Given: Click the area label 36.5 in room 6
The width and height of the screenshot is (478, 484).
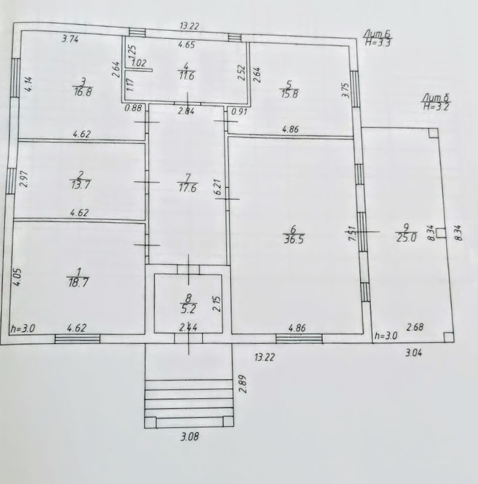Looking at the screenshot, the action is (x=293, y=240).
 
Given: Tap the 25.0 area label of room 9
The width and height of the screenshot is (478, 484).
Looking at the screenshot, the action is (x=406, y=238).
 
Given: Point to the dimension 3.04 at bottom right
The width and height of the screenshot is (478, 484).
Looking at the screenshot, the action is (x=415, y=353).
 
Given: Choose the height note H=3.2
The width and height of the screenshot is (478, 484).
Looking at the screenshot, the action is (x=435, y=106).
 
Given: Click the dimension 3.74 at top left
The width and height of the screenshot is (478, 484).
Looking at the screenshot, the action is (x=70, y=39).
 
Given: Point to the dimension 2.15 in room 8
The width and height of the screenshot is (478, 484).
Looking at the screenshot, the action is (x=216, y=304).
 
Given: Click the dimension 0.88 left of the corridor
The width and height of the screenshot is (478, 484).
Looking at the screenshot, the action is (x=134, y=110).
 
